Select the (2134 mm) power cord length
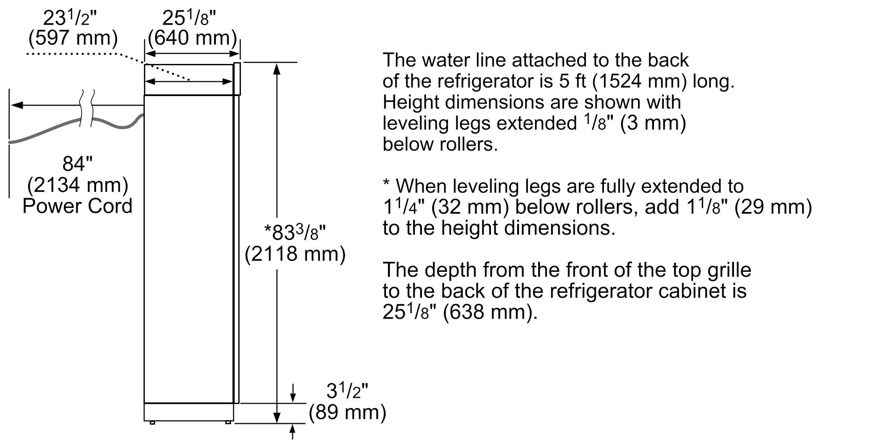78,185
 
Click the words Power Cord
77,206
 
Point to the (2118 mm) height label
295,254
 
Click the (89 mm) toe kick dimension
347,412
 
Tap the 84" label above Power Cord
77,164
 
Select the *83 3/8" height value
295,232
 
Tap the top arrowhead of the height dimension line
277,69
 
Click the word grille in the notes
730,270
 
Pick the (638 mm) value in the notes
490,312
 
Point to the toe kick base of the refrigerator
189,412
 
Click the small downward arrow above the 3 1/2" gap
293,392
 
